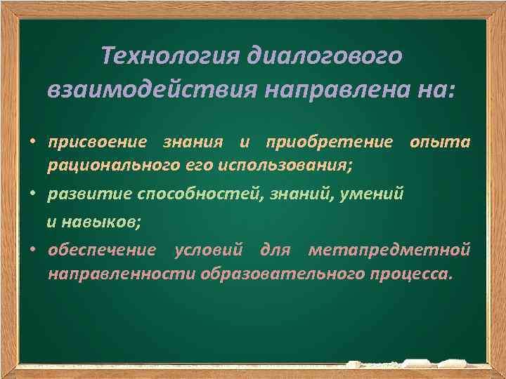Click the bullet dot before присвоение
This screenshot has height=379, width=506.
click(32, 143)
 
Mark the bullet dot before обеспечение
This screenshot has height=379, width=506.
click(32, 250)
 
